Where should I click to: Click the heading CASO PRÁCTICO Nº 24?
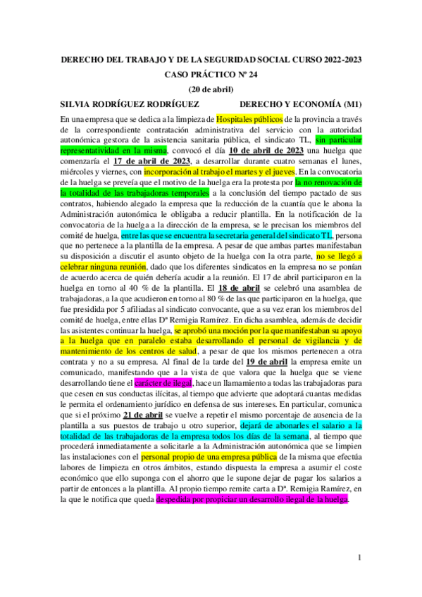coord(211,73)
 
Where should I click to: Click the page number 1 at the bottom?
coord(359,558)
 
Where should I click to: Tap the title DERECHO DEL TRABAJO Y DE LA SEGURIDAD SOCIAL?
coord(211,60)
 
